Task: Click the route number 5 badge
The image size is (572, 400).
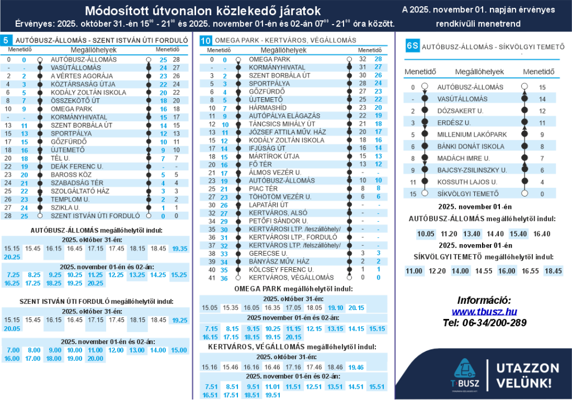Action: click(x=6, y=40)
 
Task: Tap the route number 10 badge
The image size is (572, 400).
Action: click(x=206, y=40)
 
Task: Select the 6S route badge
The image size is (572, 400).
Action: click(x=412, y=46)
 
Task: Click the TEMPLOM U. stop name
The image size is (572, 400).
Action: click(x=70, y=199)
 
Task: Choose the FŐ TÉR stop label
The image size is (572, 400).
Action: click(x=260, y=164)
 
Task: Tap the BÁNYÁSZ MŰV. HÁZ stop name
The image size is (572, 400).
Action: click(x=278, y=261)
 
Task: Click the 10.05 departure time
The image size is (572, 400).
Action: click(x=426, y=235)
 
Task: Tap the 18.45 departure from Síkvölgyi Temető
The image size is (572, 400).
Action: click(x=553, y=271)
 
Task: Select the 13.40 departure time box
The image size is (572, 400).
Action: click(x=472, y=235)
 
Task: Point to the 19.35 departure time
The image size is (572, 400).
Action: click(x=180, y=249)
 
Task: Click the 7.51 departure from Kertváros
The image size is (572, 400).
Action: click(x=211, y=387)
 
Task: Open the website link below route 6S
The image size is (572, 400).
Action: click(x=484, y=311)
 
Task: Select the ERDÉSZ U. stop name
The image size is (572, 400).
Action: click(x=454, y=122)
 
